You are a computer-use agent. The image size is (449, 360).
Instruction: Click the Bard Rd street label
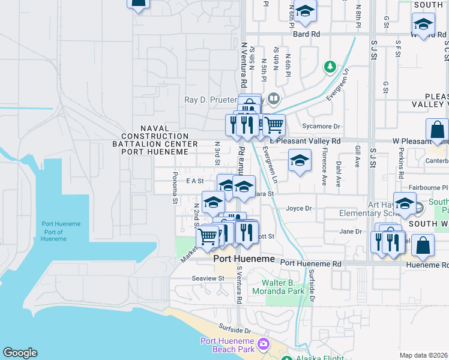point(306,34)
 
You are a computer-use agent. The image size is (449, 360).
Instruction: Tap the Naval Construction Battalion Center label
point(155,136)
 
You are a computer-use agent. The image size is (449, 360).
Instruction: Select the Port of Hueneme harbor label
point(61,231)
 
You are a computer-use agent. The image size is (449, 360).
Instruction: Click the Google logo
point(20,353)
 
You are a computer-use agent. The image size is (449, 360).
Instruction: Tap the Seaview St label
point(208,278)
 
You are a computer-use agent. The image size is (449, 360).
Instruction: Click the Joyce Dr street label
point(298,209)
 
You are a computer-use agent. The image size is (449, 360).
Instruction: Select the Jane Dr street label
point(351,232)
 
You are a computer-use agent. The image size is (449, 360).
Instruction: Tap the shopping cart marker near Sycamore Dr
point(274,125)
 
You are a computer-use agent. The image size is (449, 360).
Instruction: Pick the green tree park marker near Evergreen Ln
point(330,66)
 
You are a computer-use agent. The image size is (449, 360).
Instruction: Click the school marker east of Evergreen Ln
point(300,160)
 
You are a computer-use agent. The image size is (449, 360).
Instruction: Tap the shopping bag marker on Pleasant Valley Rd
point(438,129)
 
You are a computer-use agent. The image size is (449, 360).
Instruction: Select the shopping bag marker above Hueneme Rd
point(423,245)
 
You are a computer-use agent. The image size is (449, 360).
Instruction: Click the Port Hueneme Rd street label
point(311,263)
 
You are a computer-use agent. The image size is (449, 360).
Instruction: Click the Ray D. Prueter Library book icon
point(274,97)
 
